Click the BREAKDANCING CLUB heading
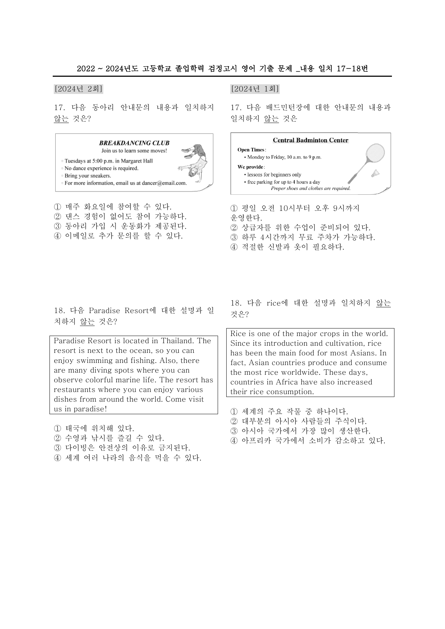[x=134, y=143]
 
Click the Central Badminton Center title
[x=311, y=140]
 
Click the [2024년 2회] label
[x=79, y=89]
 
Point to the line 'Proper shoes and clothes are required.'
[x=311, y=188]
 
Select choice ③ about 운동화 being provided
[x=120, y=226]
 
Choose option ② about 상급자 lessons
[x=300, y=228]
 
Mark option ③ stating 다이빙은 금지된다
[x=122, y=448]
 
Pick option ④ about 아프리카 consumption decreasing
[x=308, y=441]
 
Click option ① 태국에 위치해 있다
[x=94, y=429]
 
